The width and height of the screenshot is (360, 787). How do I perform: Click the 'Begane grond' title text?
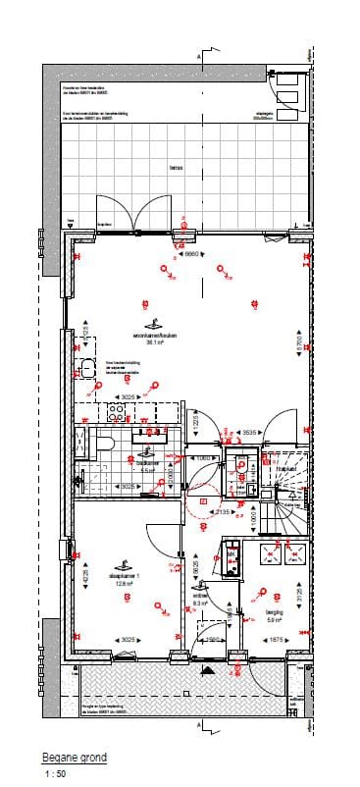click(74, 758)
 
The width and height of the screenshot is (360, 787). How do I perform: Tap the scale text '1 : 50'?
click(55, 774)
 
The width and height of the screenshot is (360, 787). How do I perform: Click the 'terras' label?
click(177, 168)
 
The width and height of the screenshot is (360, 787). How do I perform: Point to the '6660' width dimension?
click(194, 253)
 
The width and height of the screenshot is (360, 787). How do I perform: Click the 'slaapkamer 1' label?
click(126, 577)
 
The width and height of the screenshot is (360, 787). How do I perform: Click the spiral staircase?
click(288, 510)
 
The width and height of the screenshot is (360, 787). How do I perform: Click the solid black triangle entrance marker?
click(205, 669)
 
